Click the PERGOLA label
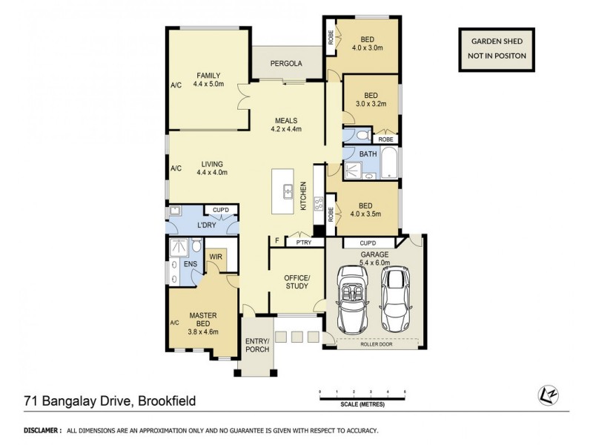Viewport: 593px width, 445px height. point(286,64)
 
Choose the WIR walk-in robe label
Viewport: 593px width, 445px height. point(216,258)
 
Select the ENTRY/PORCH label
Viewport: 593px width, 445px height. point(256,345)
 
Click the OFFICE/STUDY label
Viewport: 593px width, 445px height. point(296,283)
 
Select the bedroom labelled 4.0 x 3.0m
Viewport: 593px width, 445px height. point(368,44)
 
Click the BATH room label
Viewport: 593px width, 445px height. point(368,154)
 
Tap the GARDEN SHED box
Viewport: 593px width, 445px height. point(489,50)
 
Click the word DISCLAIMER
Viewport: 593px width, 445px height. point(43,430)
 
